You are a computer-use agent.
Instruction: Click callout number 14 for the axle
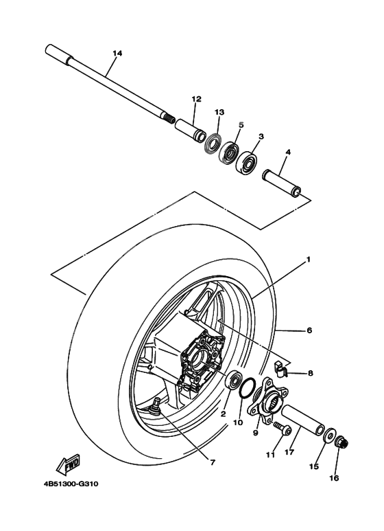[117, 54]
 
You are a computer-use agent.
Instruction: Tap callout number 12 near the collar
[196, 99]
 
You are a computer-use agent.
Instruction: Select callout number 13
[219, 112]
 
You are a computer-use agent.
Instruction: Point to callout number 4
[288, 151]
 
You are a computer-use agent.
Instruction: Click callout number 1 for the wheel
[309, 260]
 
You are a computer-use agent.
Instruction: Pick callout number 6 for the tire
[309, 330]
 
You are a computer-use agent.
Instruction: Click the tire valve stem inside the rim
[157, 405]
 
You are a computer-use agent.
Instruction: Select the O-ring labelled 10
[250, 388]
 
